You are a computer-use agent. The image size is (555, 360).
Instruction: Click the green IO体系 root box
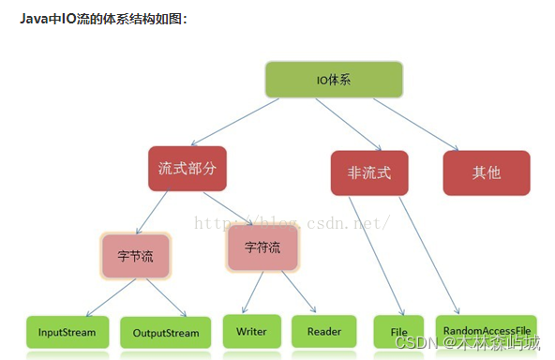click(x=334, y=80)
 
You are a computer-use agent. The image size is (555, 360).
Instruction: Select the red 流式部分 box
click(x=187, y=169)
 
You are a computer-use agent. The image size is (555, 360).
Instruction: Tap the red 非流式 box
click(x=368, y=172)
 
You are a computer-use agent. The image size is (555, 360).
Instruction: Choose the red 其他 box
click(x=486, y=172)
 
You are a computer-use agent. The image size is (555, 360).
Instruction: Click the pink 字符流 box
click(x=262, y=247)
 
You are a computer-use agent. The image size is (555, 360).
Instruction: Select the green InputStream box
click(x=67, y=332)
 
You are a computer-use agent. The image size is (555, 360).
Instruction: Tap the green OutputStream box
click(x=166, y=332)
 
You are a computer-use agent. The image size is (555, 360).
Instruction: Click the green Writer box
click(x=251, y=331)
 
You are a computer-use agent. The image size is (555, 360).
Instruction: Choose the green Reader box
click(x=323, y=331)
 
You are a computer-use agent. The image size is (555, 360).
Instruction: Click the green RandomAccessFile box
click(x=487, y=331)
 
